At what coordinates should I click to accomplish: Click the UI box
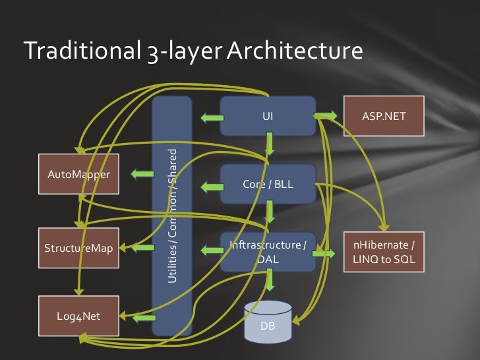click(x=267, y=117)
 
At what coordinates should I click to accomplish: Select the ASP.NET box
click(x=384, y=117)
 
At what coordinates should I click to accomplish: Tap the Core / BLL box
click(x=267, y=184)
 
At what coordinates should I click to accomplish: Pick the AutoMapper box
click(x=78, y=174)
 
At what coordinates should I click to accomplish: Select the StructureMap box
click(x=78, y=249)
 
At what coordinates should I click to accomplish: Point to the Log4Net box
click(x=78, y=315)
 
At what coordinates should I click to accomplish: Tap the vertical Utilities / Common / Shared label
click(x=172, y=216)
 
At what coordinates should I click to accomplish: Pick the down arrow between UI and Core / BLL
click(x=270, y=144)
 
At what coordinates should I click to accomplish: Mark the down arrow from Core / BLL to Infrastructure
click(x=270, y=212)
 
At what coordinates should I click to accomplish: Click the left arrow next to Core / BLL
click(x=211, y=187)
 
